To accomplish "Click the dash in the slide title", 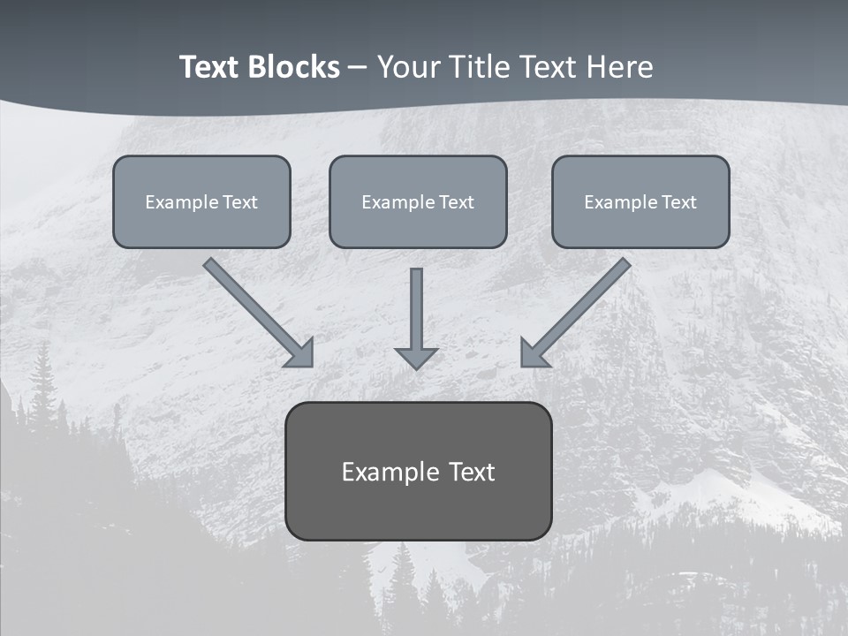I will (358, 67).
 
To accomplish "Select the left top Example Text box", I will (201, 201).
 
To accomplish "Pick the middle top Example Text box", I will (418, 201).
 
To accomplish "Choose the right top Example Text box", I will (640, 201).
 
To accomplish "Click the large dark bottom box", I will (418, 471).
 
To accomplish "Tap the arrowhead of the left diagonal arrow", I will (301, 353).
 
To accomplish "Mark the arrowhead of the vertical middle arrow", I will (416, 358).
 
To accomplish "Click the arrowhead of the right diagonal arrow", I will (534, 353).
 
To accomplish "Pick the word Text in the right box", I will (678, 202).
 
